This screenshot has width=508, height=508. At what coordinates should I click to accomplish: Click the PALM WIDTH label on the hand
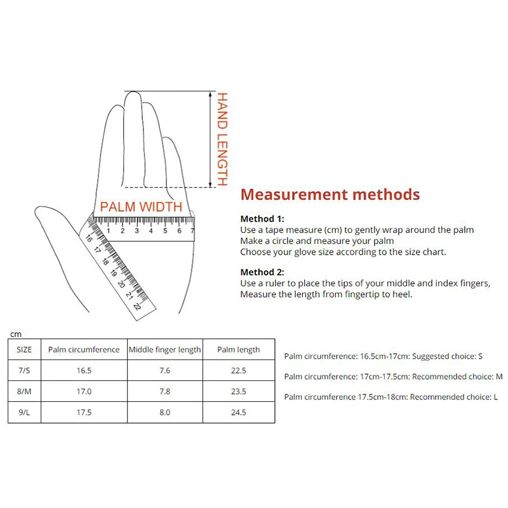pos(141,206)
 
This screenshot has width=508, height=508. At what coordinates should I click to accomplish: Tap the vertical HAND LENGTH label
pos(222,139)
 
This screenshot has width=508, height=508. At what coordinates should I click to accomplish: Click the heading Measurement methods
pos(330,194)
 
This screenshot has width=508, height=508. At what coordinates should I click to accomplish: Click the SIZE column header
pos(24,349)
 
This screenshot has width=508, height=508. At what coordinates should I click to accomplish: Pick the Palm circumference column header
pos(84,349)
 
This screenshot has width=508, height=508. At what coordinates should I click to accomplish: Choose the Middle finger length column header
pos(165,349)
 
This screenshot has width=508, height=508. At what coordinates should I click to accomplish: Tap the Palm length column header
pos(239,349)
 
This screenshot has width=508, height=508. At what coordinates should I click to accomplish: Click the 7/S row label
pos(24,370)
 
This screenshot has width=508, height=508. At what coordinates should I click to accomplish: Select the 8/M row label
pos(24,391)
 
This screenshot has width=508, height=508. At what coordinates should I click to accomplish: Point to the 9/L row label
pos(24,412)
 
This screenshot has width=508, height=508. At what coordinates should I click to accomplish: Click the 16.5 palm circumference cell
pos(84,370)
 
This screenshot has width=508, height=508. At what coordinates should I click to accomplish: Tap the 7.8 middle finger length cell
pos(165,391)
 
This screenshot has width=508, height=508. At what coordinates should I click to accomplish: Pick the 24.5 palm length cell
pos(239,412)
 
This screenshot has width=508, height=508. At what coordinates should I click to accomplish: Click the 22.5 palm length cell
pos(239,370)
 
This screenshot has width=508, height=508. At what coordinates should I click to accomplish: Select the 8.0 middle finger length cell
pos(165,412)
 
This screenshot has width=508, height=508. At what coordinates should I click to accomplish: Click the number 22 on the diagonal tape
pos(137,305)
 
